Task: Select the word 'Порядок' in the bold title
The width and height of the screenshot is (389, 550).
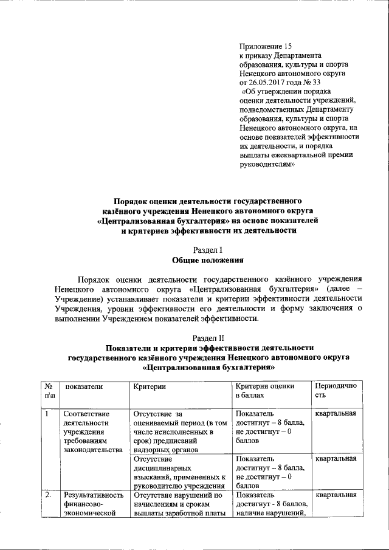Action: (x=135, y=200)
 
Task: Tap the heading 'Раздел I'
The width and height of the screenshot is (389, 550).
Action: (x=208, y=250)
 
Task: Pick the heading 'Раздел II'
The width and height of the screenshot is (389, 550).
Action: (x=208, y=337)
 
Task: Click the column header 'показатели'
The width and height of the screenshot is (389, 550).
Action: (x=84, y=386)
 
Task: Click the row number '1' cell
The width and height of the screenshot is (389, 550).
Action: (x=47, y=414)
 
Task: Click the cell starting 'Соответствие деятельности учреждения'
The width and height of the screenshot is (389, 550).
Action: (x=88, y=431)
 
